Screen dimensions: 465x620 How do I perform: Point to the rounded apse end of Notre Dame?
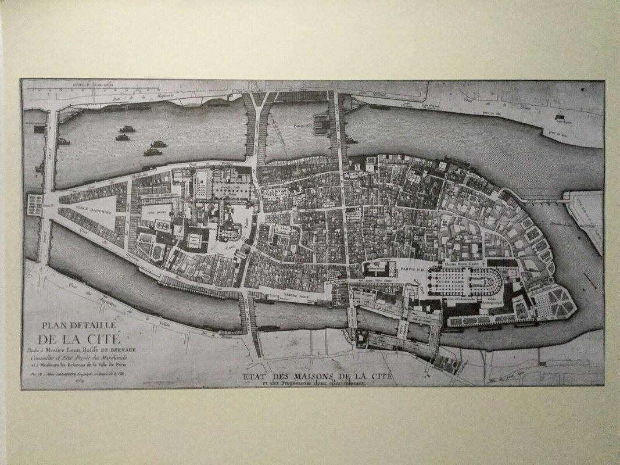498,285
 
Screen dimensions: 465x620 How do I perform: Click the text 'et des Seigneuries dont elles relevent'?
317,384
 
